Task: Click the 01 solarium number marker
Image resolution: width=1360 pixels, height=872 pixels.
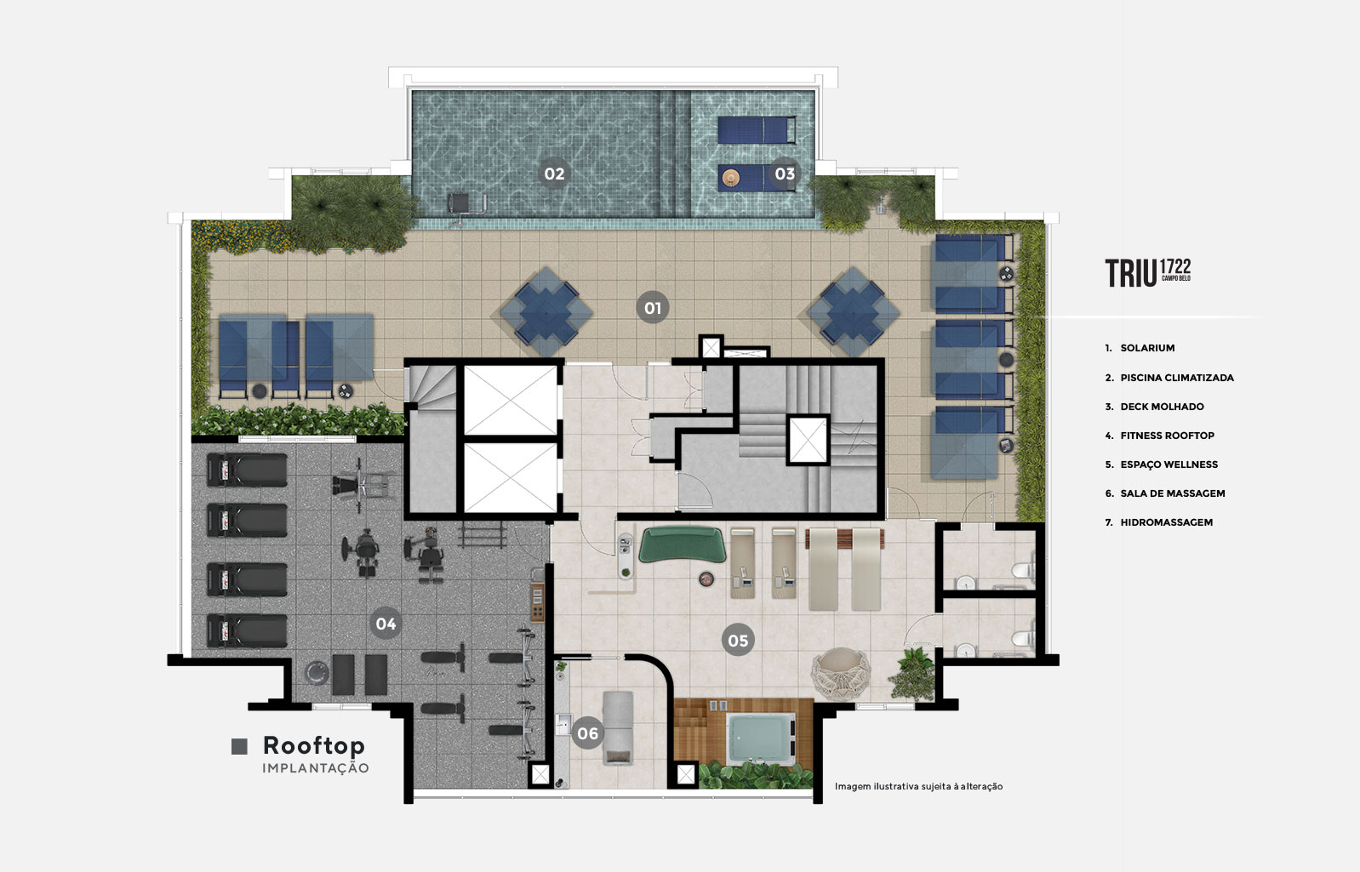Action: coord(653,308)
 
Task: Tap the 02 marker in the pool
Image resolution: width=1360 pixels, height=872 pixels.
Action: coord(554,174)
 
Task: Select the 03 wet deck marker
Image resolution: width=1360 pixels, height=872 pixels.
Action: coord(785,174)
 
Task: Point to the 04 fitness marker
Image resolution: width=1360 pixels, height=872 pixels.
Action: coord(386,624)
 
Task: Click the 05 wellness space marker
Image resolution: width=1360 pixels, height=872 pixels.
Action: coord(738,641)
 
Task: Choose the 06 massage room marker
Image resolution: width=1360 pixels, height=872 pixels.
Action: coord(588,733)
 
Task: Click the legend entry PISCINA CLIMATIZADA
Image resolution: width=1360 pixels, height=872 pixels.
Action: coord(1177,378)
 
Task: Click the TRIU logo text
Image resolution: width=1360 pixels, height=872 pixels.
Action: coord(1130,273)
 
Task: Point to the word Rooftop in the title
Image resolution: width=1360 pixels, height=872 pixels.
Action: coord(314,746)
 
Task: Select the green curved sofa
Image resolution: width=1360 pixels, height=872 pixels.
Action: coord(682,544)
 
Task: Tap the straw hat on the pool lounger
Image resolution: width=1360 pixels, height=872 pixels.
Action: coord(730,178)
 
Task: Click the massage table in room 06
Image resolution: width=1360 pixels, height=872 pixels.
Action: coord(618,727)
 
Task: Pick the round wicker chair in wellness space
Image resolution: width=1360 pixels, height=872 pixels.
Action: coord(841,674)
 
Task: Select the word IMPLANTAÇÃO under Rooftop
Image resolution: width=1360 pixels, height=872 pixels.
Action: coord(316,767)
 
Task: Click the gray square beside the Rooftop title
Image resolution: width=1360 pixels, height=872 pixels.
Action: coord(239,746)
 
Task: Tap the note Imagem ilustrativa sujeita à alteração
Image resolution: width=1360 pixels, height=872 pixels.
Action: coord(918,786)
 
